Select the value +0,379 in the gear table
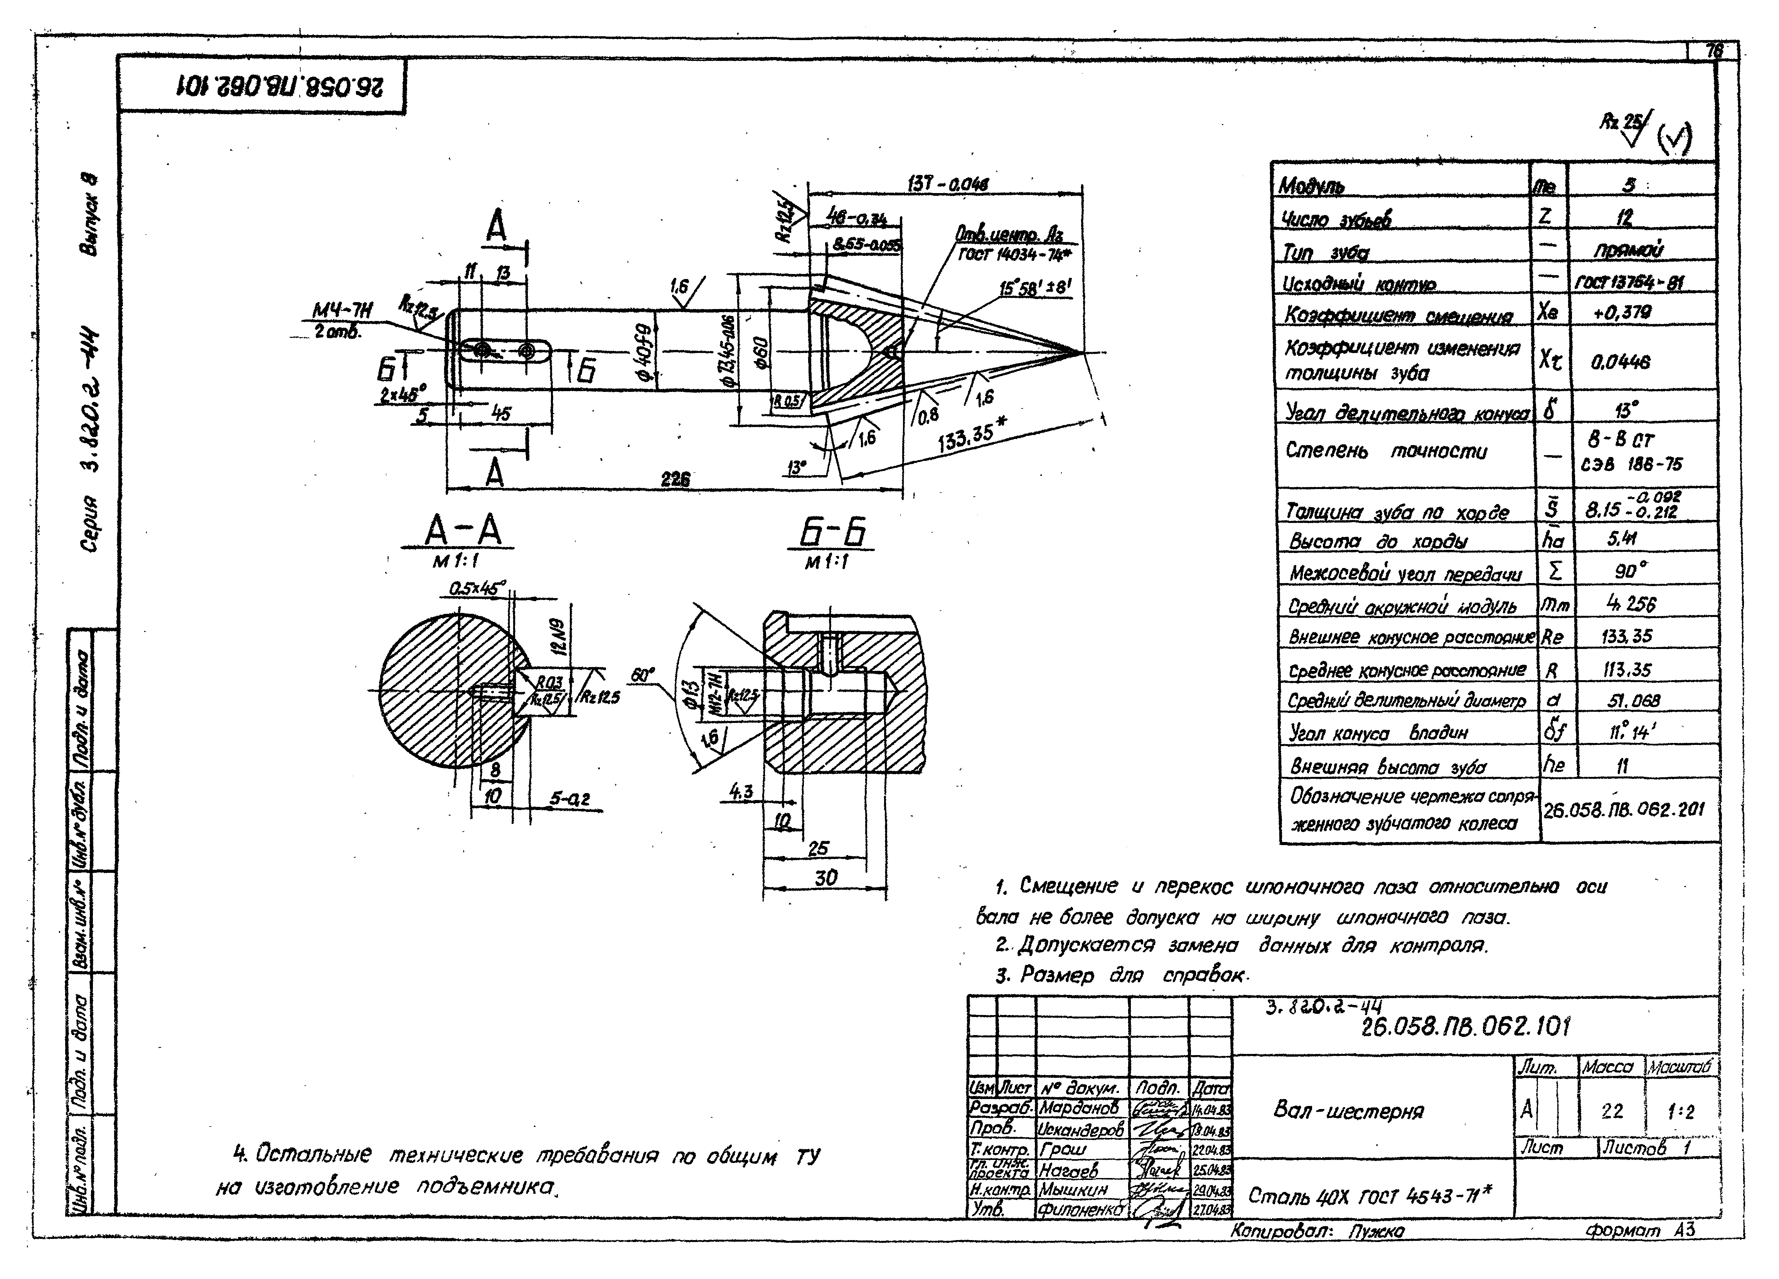click(x=1622, y=312)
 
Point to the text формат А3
click(x=1639, y=1230)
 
